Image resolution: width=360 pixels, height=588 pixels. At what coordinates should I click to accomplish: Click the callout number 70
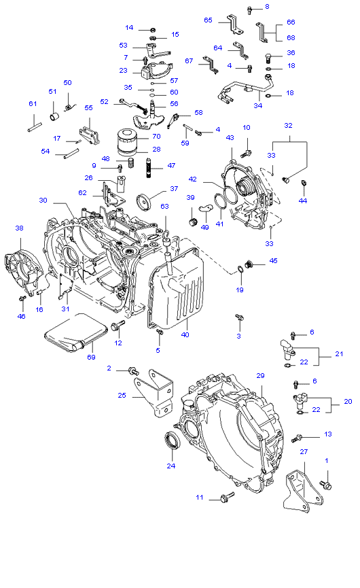pyautogui.click(x=156, y=136)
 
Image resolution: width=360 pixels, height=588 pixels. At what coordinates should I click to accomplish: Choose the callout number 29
pyautogui.click(x=259, y=375)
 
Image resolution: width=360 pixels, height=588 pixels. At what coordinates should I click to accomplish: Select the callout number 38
pyautogui.click(x=19, y=228)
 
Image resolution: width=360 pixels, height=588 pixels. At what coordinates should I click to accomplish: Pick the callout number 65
pyautogui.click(x=209, y=20)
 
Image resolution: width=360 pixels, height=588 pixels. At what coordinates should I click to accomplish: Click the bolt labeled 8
pyautogui.click(x=249, y=9)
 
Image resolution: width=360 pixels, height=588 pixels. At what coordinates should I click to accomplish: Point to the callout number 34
pyautogui.click(x=258, y=105)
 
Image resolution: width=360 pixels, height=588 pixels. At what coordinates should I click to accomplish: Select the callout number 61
pyautogui.click(x=32, y=103)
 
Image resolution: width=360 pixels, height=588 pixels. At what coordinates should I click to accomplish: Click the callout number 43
pyautogui.click(x=230, y=138)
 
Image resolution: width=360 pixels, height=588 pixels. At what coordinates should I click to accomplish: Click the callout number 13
pyautogui.click(x=328, y=434)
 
